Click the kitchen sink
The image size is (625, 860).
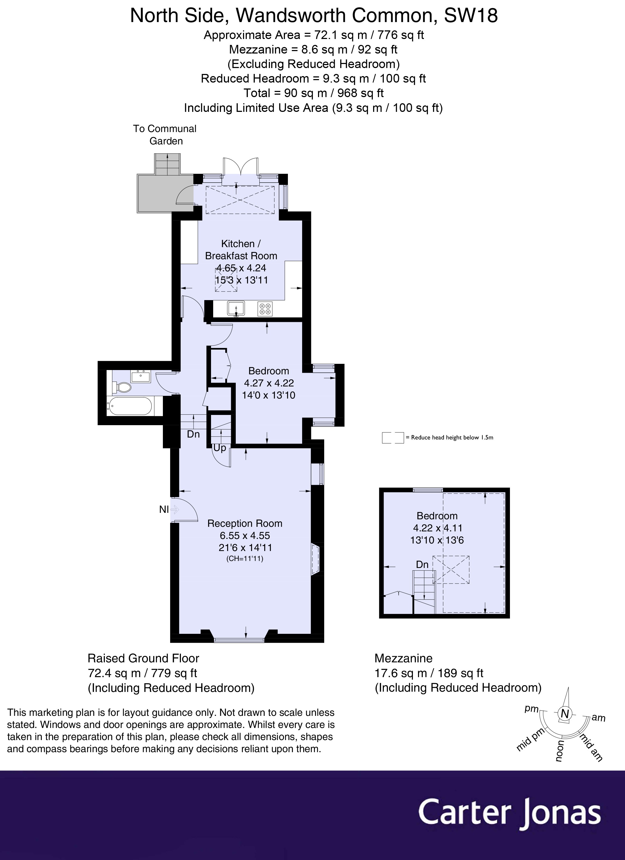click(236, 308)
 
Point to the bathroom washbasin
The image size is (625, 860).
click(141, 376)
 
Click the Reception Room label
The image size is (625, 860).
click(245, 523)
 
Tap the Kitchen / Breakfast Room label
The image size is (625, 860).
click(241, 250)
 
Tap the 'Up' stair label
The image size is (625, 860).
click(220, 448)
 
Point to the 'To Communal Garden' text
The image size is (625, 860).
click(165, 135)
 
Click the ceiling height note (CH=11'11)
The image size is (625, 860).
click(245, 559)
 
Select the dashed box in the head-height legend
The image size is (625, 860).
click(393, 438)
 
